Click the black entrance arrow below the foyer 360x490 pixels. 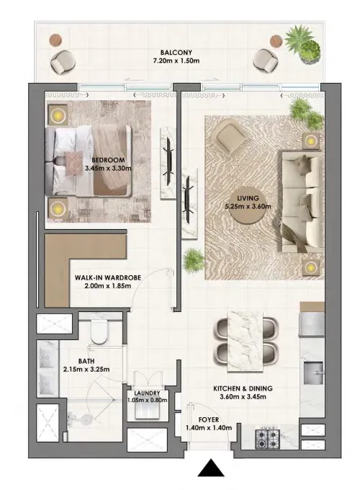[211, 468]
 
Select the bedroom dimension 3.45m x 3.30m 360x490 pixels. [108, 168]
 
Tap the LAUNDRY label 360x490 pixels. [147, 393]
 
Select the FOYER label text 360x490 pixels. [209, 419]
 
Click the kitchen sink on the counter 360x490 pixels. [313, 373]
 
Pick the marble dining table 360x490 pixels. [245, 342]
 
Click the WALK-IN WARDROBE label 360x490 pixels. [108, 277]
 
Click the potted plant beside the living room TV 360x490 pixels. [194, 260]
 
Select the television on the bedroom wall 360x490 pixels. [169, 162]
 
